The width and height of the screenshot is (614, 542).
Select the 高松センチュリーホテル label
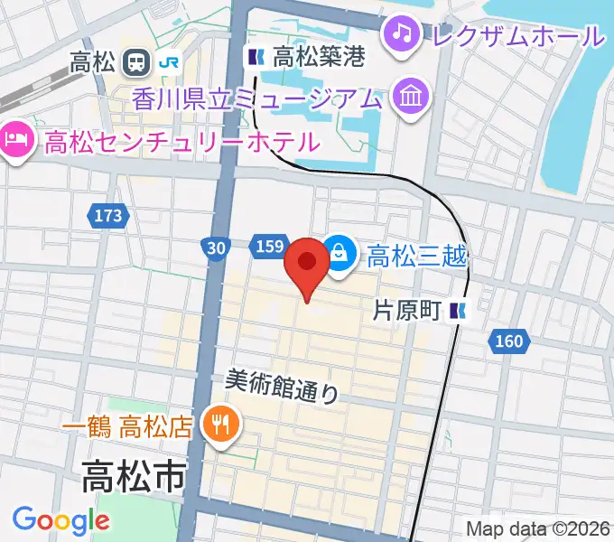click(181, 141)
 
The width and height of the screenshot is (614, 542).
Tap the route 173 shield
click(107, 216)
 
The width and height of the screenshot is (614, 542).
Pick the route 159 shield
click(271, 247)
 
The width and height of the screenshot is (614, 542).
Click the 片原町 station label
click(407, 311)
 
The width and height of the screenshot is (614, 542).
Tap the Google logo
click(60, 520)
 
